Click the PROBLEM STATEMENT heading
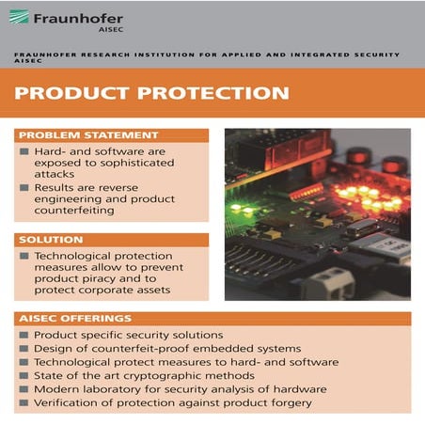pos(89,134)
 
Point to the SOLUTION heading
pos(53,239)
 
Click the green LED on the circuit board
pos(238,207)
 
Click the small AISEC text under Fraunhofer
pos(109,29)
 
